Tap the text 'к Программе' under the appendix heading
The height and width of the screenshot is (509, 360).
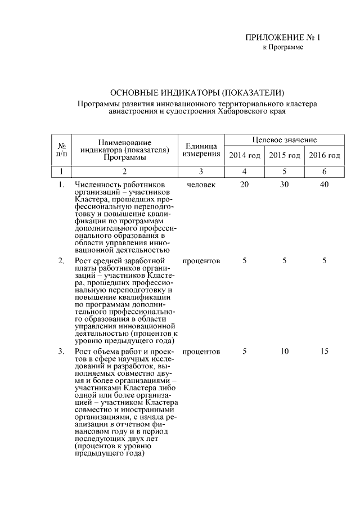[x=283, y=47]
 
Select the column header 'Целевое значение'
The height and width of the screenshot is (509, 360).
[x=284, y=139]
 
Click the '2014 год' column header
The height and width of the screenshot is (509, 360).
[x=244, y=155]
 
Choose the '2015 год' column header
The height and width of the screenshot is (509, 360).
[x=284, y=155]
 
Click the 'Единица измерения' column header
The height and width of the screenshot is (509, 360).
[x=201, y=150]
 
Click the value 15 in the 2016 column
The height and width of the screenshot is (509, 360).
[x=324, y=352]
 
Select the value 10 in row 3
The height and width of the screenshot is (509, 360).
[x=284, y=352]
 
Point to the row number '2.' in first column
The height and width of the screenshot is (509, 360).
[x=61, y=261]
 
